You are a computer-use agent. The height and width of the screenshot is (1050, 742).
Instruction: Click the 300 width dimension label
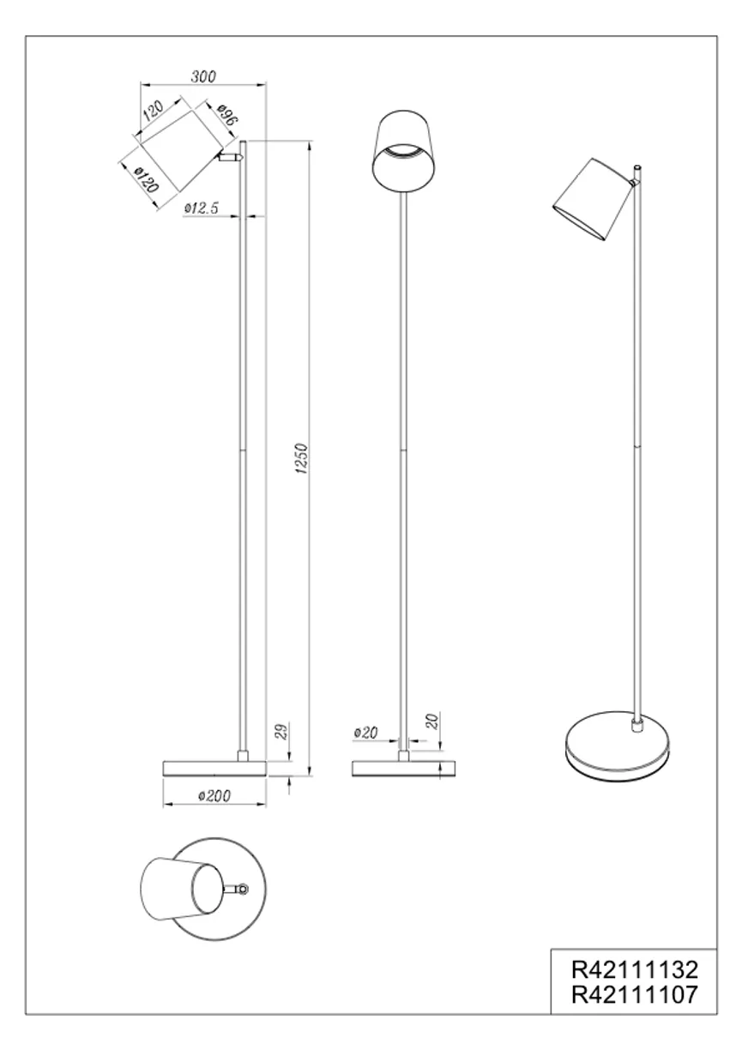pyautogui.click(x=204, y=76)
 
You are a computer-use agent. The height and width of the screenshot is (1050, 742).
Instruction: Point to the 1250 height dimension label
pyautogui.click(x=301, y=458)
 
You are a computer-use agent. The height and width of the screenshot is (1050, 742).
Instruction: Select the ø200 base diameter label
pyautogui.click(x=214, y=795)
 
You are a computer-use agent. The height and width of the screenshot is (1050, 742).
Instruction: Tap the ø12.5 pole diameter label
pyautogui.click(x=202, y=208)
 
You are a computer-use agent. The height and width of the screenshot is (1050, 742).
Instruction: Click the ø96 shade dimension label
pyautogui.click(x=227, y=114)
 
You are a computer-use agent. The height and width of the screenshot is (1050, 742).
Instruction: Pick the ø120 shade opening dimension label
pyautogui.click(x=146, y=180)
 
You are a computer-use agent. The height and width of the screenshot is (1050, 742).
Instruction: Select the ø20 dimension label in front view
pyautogui.click(x=366, y=733)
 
